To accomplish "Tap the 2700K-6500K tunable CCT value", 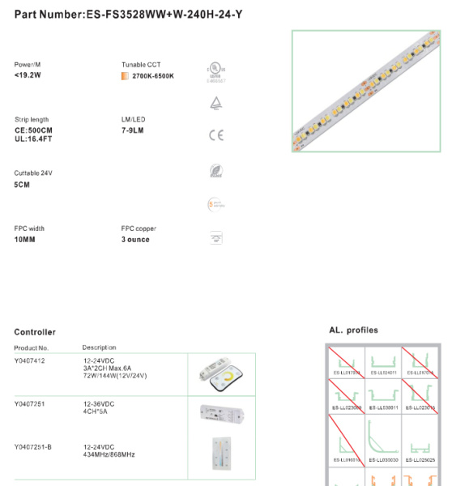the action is pyautogui.click(x=153, y=76).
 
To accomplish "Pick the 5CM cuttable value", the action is pyautogui.click(x=23, y=185).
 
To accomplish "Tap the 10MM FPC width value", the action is pyautogui.click(x=25, y=240).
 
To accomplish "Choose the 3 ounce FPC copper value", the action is pyautogui.click(x=135, y=240).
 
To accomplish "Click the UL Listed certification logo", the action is pyautogui.click(x=215, y=70).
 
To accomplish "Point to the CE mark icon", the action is pyautogui.click(x=215, y=135).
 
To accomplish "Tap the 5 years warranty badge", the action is pyautogui.click(x=215, y=206).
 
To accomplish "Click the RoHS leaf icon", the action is pyautogui.click(x=215, y=171).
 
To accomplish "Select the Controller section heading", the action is pyautogui.click(x=35, y=332).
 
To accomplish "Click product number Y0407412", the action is pyautogui.click(x=30, y=360).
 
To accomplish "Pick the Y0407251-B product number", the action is pyautogui.click(x=33, y=447).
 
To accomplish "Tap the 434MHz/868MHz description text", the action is pyautogui.click(x=109, y=454).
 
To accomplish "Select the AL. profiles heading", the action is pyautogui.click(x=353, y=330).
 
